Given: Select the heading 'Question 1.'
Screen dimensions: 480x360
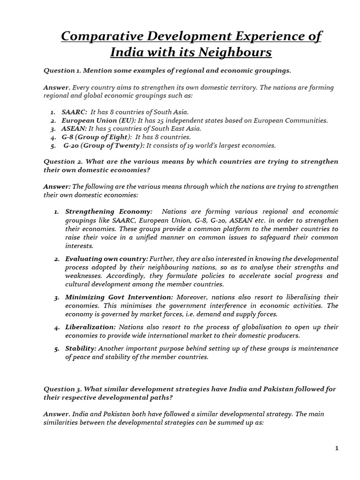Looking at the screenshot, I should [63, 70].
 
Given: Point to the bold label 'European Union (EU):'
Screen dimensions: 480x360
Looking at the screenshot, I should [99, 120].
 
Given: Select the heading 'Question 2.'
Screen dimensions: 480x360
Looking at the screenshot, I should [63, 162].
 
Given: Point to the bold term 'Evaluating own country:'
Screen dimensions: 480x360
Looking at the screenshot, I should [106, 259].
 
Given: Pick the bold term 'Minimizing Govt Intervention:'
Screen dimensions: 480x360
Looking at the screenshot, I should [119, 297].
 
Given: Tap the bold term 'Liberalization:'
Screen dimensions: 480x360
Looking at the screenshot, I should [90, 327].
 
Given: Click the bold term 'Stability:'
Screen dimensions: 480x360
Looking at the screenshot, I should [81, 349].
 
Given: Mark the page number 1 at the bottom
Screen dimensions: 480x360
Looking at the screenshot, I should [337, 449].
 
